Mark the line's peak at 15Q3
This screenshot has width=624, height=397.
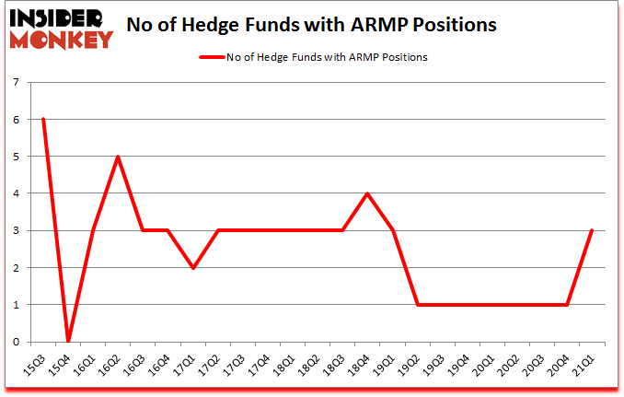(42, 119)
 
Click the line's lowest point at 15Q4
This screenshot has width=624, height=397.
(68, 341)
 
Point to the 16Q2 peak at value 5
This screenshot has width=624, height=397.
(118, 157)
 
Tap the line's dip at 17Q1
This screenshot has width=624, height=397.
(192, 267)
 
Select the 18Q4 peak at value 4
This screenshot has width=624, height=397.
(367, 193)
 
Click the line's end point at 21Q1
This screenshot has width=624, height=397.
(592, 230)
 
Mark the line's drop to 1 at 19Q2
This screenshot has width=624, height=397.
(417, 304)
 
